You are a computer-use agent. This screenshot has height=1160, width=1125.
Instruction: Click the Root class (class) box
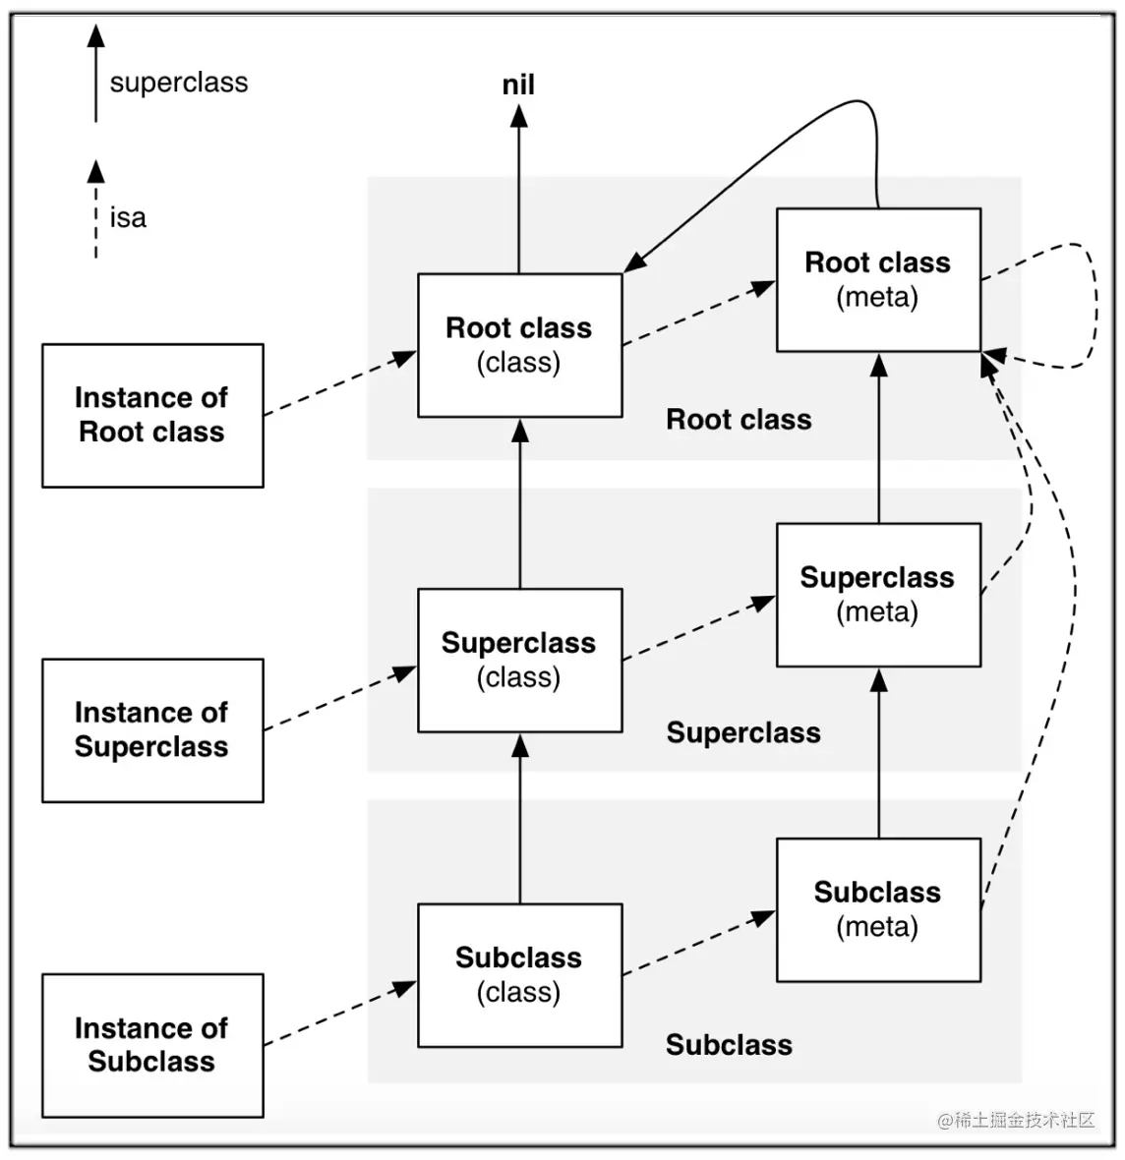tap(519, 345)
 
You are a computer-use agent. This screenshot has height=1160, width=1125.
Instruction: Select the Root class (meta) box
tap(878, 280)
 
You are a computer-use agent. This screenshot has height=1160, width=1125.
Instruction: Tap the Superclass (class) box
tap(519, 660)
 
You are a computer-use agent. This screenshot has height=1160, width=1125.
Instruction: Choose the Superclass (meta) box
tap(878, 595)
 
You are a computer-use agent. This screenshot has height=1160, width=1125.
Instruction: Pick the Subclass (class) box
tap(519, 975)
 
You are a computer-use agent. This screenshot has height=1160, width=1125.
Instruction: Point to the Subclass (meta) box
tap(878, 909)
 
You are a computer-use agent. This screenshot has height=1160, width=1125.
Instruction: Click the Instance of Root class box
tap(152, 415)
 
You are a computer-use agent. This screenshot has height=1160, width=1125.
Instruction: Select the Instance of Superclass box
tap(152, 730)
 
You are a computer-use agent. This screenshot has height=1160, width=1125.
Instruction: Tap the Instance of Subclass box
tap(152, 1045)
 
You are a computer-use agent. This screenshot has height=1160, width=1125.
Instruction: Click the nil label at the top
tap(518, 85)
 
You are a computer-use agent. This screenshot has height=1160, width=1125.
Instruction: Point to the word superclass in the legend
tap(179, 83)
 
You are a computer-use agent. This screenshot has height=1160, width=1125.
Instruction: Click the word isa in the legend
tap(128, 217)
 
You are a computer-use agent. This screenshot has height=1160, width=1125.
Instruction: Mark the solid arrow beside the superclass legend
tap(95, 74)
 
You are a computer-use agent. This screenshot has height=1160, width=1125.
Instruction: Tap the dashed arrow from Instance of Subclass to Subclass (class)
tap(340, 1014)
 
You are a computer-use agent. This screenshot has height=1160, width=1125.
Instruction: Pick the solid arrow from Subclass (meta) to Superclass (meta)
tap(879, 752)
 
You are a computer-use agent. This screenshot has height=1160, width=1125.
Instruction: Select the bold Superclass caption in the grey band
tap(743, 733)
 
